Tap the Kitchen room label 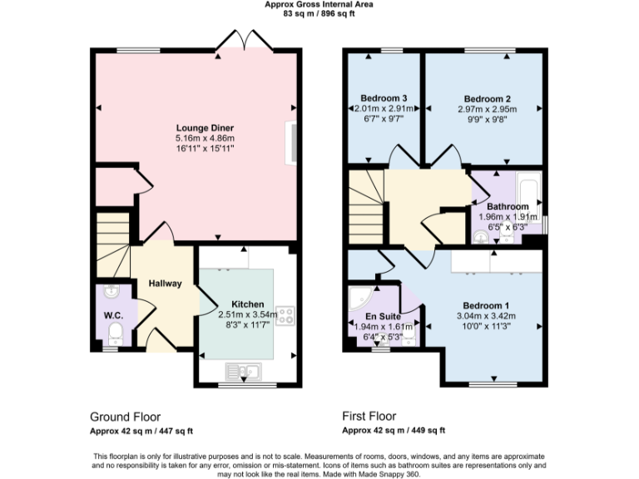(x=247, y=304)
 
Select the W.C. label (x=112, y=316)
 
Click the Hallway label (x=165, y=284)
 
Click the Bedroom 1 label (x=487, y=305)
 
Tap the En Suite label (x=383, y=317)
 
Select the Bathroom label (x=507, y=206)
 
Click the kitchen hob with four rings (x=285, y=315)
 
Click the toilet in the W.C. (x=116, y=334)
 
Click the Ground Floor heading (x=125, y=416)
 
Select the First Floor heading (x=369, y=416)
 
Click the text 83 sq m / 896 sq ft (x=319, y=13)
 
